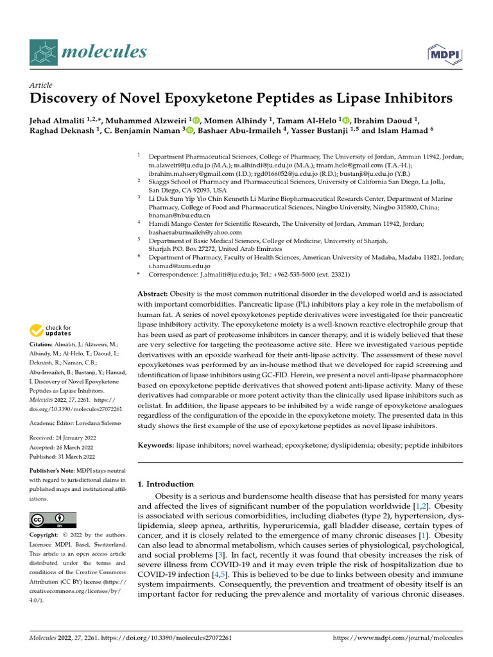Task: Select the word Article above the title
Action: click(40, 85)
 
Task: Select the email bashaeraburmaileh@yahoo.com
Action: click(191, 232)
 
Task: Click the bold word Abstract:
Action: click(154, 293)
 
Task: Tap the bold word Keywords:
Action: click(157, 445)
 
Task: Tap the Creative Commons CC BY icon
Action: click(53, 520)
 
